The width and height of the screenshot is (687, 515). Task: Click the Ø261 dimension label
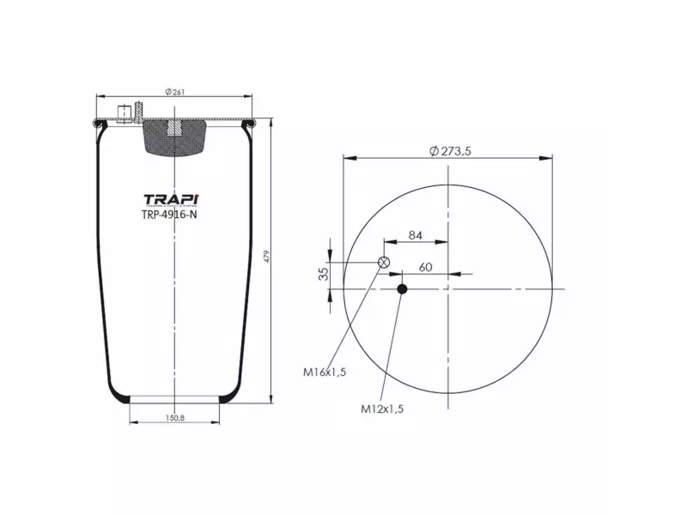pos(174,92)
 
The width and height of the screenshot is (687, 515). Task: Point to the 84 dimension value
pos(415,235)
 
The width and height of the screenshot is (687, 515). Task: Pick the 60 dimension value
pos(424,267)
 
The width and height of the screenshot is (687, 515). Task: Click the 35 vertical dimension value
pos(323,275)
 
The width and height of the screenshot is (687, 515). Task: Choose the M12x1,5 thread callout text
pos(381,409)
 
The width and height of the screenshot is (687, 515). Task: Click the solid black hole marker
pos(401,289)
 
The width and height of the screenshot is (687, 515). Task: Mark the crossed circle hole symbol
pos(384,263)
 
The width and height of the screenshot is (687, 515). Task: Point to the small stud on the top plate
pos(126,112)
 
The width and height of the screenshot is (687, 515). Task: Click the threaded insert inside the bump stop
pos(174,128)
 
